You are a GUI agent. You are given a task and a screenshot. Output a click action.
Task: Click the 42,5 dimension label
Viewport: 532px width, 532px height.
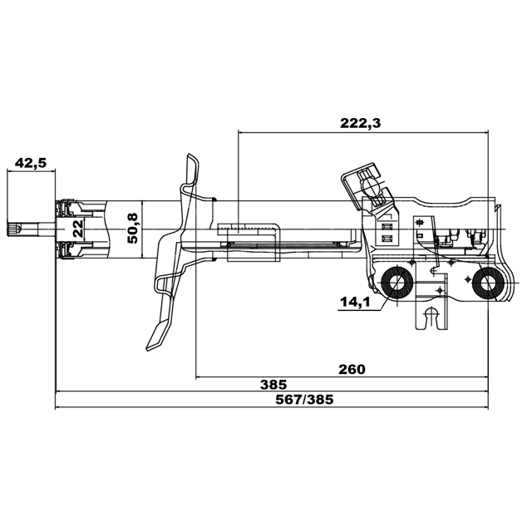30,162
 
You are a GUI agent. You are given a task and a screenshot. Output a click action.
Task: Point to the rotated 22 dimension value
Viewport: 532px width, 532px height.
76,229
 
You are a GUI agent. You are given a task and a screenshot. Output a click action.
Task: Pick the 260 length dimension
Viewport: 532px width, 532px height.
352,368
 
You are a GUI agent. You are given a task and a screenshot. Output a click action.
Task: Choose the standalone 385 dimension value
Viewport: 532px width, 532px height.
273,384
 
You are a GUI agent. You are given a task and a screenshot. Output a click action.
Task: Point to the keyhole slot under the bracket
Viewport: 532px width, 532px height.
430,318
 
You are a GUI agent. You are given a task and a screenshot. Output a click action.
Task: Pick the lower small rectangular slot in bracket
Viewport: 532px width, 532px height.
385,238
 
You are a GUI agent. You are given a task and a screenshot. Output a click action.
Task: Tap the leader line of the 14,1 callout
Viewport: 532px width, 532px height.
378,305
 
